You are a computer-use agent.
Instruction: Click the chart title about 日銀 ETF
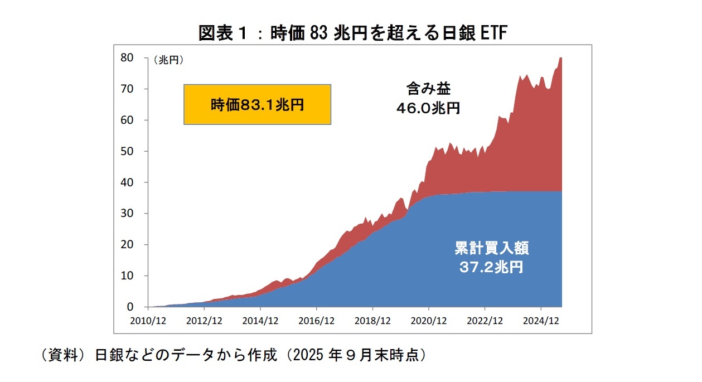[353, 33]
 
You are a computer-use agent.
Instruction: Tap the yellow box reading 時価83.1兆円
[257, 104]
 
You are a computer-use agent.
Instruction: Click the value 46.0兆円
[428, 108]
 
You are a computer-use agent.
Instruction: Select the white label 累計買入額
[491, 248]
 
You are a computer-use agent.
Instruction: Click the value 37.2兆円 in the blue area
[491, 267]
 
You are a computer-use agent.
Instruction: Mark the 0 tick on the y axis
[130, 307]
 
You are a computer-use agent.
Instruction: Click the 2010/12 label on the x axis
[148, 321]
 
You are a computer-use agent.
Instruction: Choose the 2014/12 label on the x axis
[260, 321]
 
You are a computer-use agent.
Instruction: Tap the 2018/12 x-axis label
[372, 321]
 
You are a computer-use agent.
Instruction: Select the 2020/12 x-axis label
[429, 321]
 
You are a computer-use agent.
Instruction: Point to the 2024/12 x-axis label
[541, 321]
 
